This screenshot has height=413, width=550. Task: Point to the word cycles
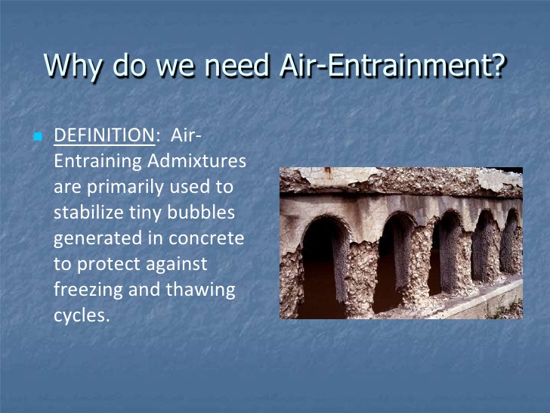(x=81, y=315)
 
